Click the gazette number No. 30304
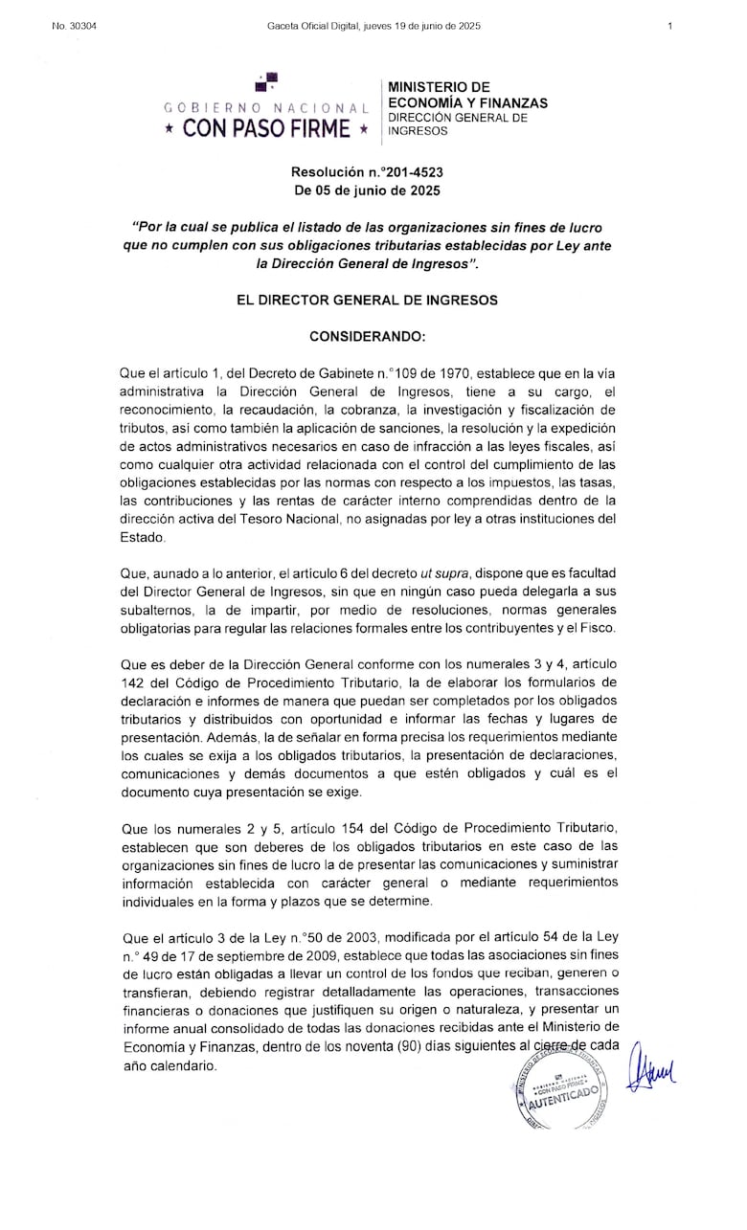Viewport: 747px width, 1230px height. click(75, 26)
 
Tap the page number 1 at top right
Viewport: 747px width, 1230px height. click(670, 26)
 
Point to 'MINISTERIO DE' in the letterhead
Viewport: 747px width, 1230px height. click(439, 87)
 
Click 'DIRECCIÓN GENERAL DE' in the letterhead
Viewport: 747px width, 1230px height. click(457, 118)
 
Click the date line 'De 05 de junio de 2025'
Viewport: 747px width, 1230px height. click(368, 190)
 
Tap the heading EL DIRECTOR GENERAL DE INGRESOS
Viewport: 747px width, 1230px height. click(368, 300)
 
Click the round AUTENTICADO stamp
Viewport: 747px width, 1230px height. click(561, 1090)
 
